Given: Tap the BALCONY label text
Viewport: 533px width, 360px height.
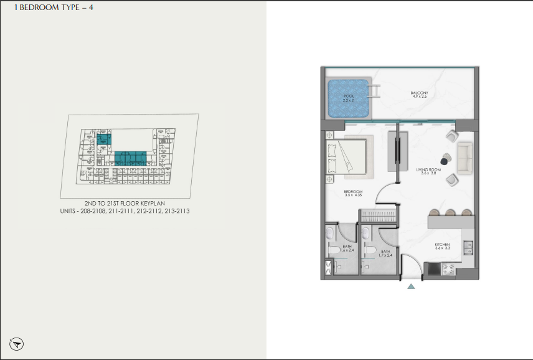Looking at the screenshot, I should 419,93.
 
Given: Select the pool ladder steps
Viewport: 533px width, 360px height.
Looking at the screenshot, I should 376,89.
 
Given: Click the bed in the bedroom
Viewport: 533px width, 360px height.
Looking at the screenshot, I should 346,158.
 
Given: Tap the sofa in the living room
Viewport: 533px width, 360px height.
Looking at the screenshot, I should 465,158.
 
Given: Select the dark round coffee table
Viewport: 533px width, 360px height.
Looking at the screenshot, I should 446,158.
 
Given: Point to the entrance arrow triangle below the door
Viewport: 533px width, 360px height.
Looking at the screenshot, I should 411,287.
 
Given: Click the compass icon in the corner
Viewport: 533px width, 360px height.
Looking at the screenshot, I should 17,343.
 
